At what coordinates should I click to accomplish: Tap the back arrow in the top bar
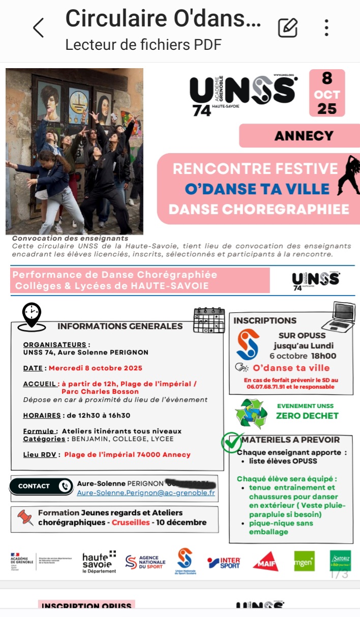(x=39, y=28)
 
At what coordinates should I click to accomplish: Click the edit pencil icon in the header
(x=288, y=28)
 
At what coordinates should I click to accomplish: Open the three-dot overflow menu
(x=326, y=28)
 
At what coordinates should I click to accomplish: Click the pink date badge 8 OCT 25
(x=327, y=93)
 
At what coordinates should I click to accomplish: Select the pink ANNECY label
(x=304, y=136)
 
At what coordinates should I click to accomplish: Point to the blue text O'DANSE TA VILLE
(x=257, y=189)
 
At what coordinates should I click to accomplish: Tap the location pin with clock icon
(x=32, y=315)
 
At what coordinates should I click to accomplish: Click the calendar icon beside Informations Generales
(x=209, y=320)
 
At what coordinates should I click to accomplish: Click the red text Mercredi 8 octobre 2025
(x=96, y=368)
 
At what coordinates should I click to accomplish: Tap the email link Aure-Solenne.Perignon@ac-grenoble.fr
(x=146, y=493)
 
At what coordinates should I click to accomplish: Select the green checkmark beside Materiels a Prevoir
(x=232, y=442)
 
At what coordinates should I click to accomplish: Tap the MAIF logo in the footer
(x=265, y=562)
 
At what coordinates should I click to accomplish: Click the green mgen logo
(x=304, y=561)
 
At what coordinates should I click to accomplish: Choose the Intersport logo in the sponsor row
(x=224, y=563)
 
